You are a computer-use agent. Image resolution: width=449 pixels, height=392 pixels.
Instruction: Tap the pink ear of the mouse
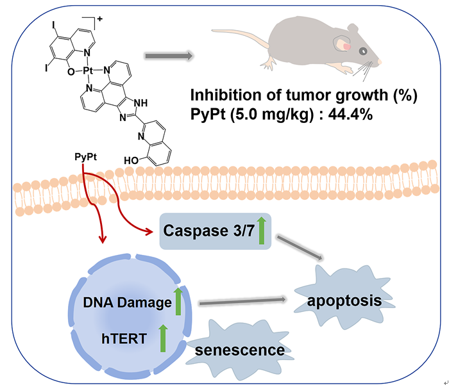point(346,46)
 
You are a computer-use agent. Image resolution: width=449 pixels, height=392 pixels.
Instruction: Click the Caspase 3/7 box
point(215,230)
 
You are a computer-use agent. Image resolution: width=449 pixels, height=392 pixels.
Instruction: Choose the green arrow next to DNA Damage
point(178,300)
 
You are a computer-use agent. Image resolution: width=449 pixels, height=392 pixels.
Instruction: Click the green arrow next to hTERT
point(163,337)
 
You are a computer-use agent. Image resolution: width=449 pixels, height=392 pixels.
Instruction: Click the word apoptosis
point(340,300)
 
